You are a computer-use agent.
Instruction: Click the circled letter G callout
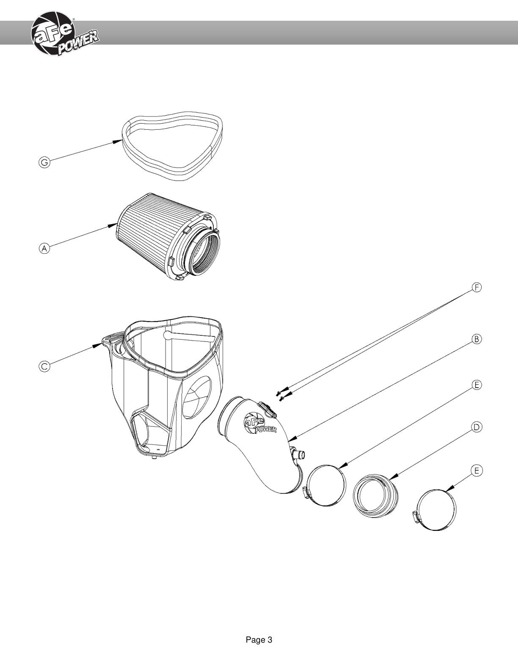click(x=44, y=162)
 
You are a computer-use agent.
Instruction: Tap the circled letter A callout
click(x=44, y=248)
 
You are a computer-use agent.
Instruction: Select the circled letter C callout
click(x=44, y=366)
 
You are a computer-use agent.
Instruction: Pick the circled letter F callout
click(x=477, y=288)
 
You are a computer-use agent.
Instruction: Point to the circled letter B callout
click(x=477, y=339)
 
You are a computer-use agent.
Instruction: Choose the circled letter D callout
click(x=477, y=427)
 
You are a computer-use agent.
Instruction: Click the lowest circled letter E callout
click(x=477, y=471)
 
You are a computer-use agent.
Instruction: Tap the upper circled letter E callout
click(x=477, y=385)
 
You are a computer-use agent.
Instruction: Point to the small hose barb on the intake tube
click(x=298, y=454)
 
